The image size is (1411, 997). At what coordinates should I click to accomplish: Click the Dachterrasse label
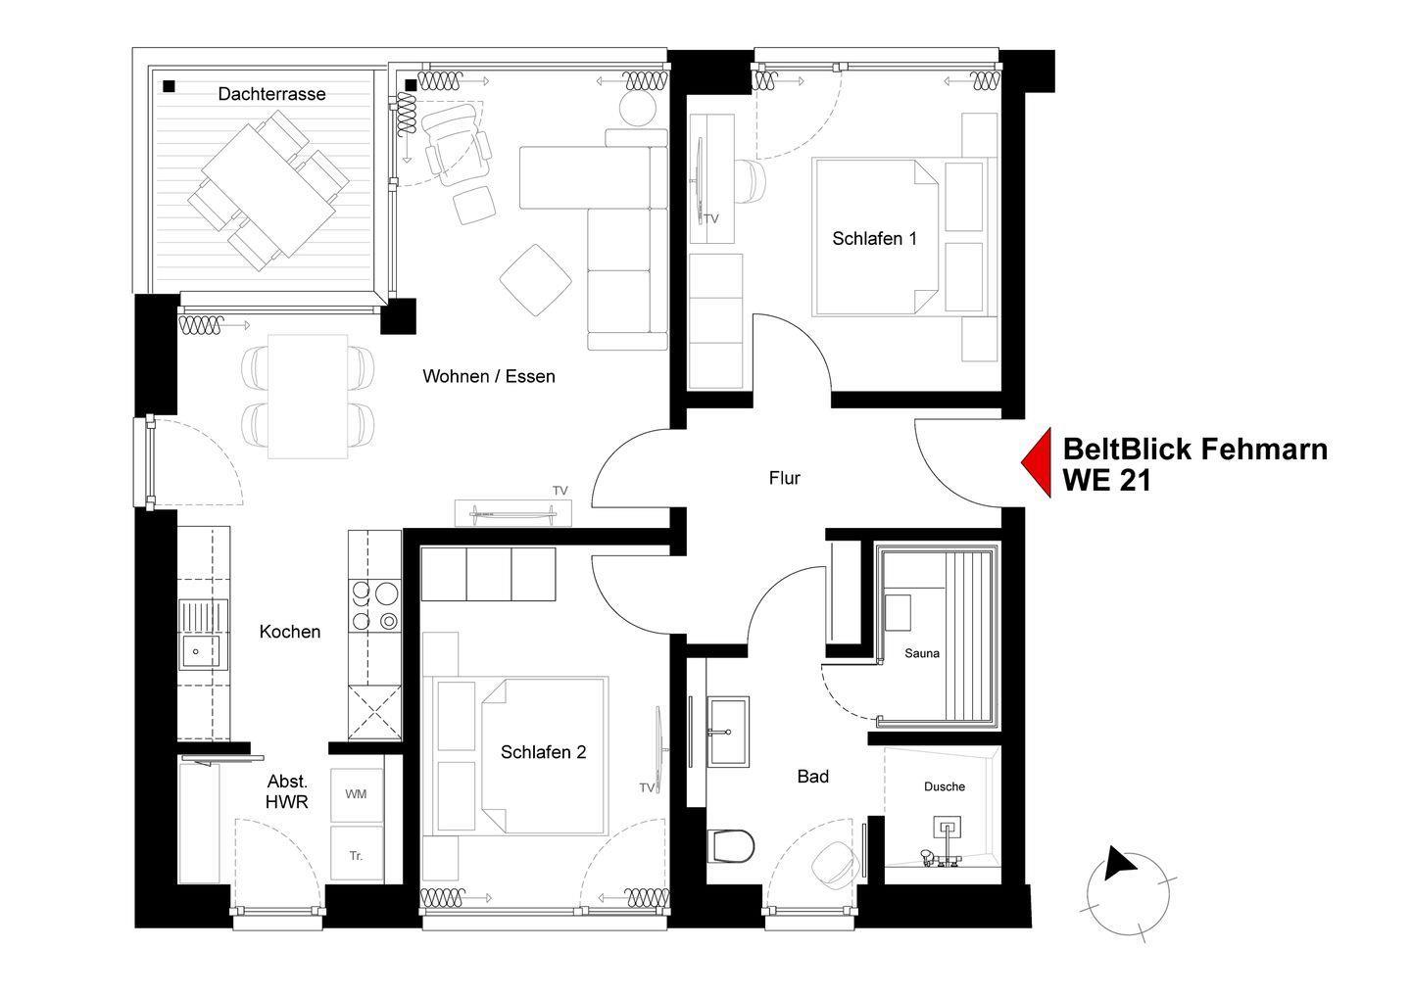click(x=271, y=94)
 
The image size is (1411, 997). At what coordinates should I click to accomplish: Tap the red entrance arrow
click(x=1038, y=462)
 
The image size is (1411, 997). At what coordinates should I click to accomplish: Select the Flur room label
click(x=784, y=478)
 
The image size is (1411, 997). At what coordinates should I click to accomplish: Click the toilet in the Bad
click(x=731, y=846)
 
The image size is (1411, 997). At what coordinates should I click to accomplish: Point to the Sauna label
click(x=921, y=653)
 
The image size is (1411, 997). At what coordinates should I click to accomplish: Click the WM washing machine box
click(x=357, y=795)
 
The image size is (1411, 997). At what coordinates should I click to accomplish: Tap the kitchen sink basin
click(x=201, y=651)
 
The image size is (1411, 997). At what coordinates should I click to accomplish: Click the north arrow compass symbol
click(x=1129, y=894)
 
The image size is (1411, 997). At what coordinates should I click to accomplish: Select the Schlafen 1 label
click(x=874, y=239)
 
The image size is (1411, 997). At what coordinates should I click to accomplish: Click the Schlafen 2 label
click(x=543, y=752)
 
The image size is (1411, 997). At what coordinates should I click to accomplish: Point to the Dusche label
click(x=945, y=786)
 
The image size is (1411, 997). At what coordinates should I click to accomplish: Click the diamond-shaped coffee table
click(x=535, y=280)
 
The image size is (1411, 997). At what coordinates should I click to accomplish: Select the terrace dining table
click(x=268, y=190)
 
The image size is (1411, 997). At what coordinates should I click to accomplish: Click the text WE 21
click(x=1107, y=481)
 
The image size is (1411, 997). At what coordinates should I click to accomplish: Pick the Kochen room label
click(x=290, y=632)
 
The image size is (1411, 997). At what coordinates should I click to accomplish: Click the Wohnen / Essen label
click(x=489, y=377)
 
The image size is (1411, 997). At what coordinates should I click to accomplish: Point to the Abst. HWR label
click(x=287, y=791)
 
